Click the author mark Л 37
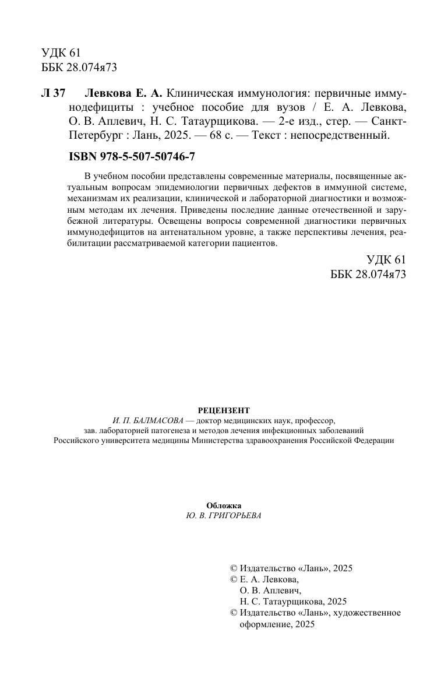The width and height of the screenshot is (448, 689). pyautogui.click(x=54, y=94)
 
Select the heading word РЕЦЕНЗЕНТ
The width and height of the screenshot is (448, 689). pyautogui.click(x=224, y=410)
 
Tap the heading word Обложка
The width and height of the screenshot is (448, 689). pyautogui.click(x=224, y=505)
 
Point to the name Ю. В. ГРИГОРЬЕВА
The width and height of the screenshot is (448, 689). pyautogui.click(x=224, y=516)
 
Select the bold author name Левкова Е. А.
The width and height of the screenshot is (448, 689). pyautogui.click(x=124, y=94)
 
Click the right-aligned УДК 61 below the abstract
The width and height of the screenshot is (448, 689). pyautogui.click(x=386, y=260)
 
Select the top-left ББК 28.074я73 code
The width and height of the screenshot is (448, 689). pyautogui.click(x=79, y=67)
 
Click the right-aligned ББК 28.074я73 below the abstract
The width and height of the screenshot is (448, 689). pyautogui.click(x=368, y=275)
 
